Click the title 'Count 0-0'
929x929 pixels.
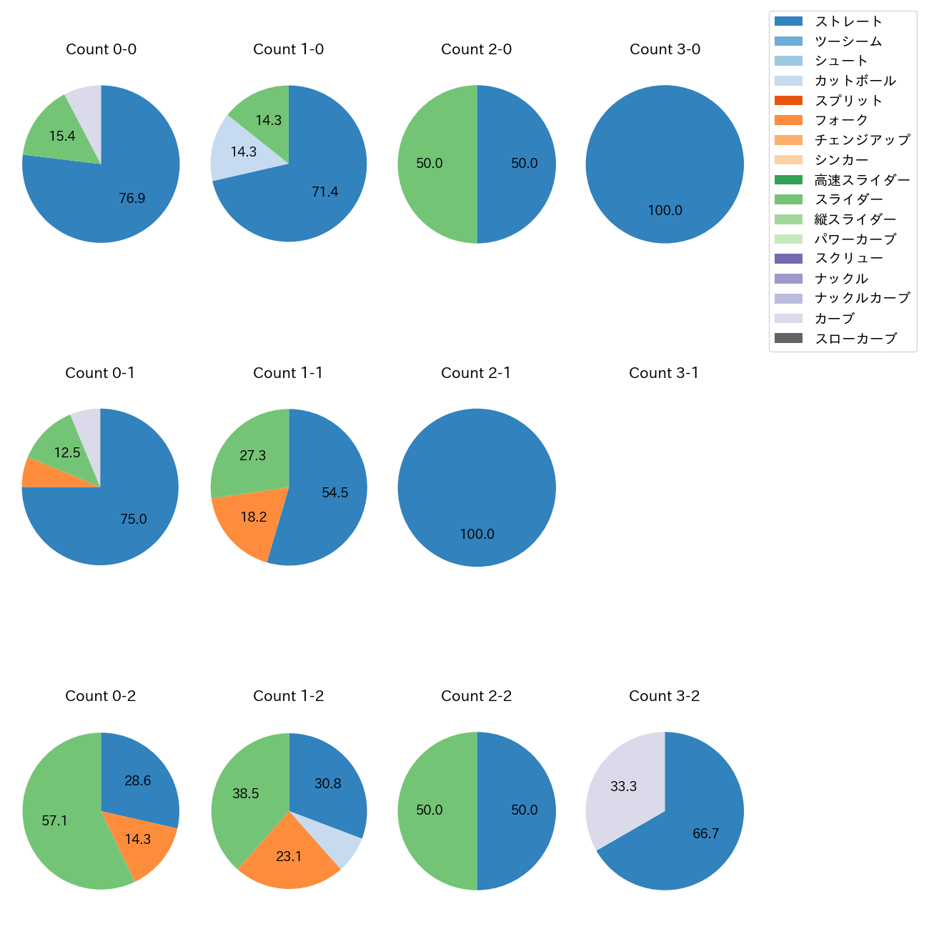click(x=101, y=49)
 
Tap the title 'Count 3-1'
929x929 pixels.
click(x=664, y=373)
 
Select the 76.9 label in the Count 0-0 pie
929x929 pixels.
click(x=132, y=198)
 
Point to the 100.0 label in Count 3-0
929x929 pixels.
click(x=665, y=211)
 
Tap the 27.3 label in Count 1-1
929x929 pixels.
click(x=253, y=456)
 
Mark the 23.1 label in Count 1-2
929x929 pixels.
click(x=289, y=856)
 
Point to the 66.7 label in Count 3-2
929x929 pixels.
click(x=705, y=834)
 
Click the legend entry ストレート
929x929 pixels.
click(x=848, y=21)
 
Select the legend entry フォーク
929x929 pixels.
click(x=841, y=121)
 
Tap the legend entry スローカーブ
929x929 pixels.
click(x=855, y=339)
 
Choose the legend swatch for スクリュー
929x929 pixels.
click(x=788, y=259)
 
